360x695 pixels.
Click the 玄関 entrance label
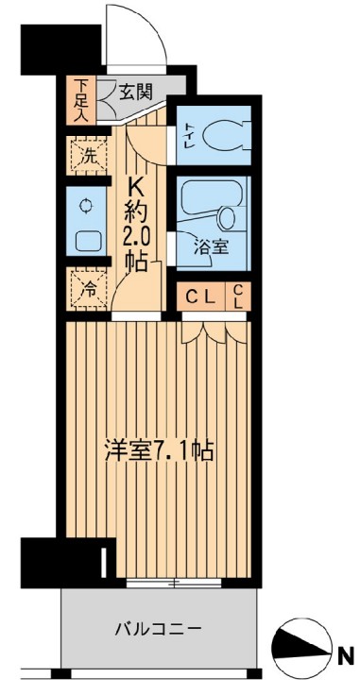(136, 93)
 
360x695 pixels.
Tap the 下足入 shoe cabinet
(80, 100)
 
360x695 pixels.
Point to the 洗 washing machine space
(87, 156)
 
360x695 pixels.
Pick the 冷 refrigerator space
(88, 289)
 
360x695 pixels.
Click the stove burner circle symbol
(86, 206)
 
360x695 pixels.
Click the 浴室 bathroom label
(212, 247)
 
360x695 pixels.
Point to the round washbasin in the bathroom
(228, 218)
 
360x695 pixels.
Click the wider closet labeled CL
(200, 297)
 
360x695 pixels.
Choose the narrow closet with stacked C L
(238, 297)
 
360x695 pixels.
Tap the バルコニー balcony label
(159, 628)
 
